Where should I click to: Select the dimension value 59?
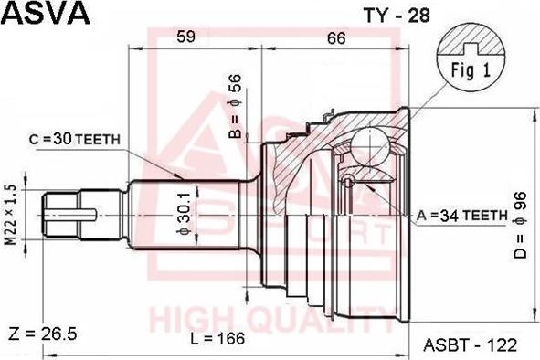pyautogui.click(x=185, y=37)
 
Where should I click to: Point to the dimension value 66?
pyautogui.click(x=336, y=37)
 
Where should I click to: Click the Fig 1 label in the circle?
pyautogui.click(x=471, y=69)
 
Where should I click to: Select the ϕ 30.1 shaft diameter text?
pyautogui.click(x=184, y=214)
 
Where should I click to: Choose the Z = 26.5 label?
pyautogui.click(x=42, y=331)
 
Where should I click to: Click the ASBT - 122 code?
pyautogui.click(x=471, y=344)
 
